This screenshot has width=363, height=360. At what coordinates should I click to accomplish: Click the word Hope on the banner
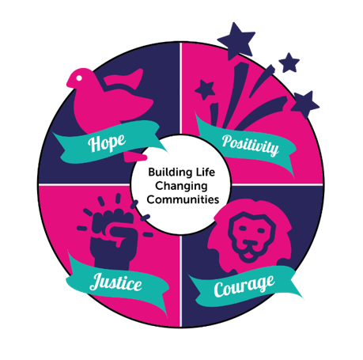tap(107, 143)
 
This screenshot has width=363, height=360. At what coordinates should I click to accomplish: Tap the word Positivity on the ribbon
tap(250, 145)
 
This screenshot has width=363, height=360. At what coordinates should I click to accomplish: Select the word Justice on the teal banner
tap(115, 282)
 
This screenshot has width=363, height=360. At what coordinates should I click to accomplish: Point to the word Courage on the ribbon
tap(244, 286)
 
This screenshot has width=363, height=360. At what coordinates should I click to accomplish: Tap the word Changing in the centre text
tap(181, 186)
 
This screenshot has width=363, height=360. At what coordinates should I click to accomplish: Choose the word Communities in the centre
tap(183, 199)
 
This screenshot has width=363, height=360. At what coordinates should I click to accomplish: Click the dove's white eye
tap(79, 78)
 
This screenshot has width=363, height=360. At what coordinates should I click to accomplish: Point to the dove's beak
tap(69, 82)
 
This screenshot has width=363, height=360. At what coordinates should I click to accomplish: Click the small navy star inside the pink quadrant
tap(205, 89)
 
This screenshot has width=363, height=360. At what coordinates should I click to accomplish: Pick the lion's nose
tap(248, 241)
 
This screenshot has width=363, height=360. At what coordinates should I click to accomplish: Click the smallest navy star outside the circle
tap(289, 63)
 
